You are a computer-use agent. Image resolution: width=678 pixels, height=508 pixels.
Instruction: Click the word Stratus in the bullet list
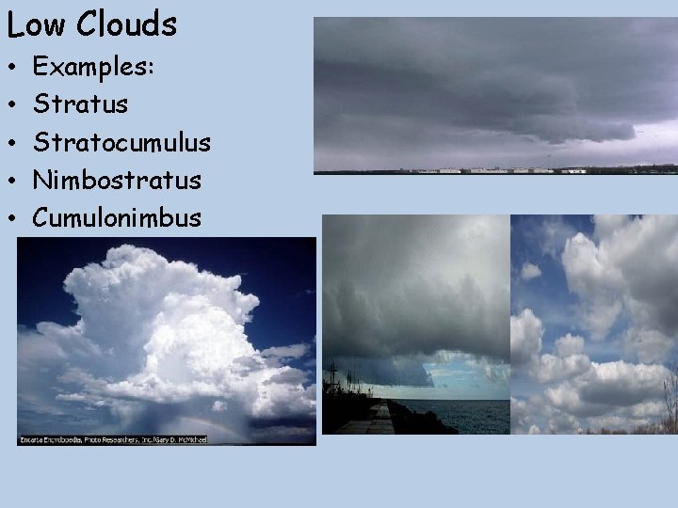pyautogui.click(x=80, y=104)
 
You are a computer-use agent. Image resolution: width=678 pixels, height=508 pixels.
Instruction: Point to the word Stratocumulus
pyautogui.click(x=121, y=142)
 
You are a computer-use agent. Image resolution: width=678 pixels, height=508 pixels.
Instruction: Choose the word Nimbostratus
pyautogui.click(x=117, y=180)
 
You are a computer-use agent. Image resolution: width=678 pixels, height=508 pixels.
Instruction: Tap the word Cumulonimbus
pyautogui.click(x=117, y=218)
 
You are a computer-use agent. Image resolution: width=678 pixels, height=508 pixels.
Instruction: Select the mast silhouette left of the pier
pyautogui.click(x=331, y=386)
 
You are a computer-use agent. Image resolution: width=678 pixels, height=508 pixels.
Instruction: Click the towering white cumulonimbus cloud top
pyautogui.click(x=141, y=282)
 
